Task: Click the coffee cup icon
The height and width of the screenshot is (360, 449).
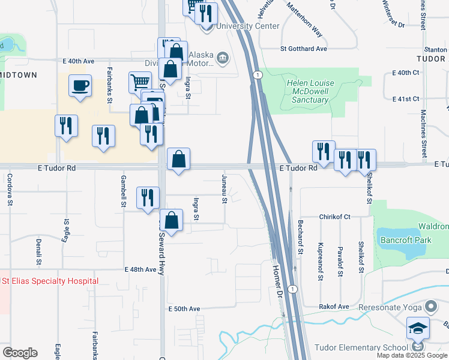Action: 80,85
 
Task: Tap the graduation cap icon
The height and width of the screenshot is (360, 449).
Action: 418,328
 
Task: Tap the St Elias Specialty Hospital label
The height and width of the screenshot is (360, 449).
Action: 50,281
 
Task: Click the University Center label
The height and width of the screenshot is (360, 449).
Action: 248,26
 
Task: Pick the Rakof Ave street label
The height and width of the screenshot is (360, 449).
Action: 334,307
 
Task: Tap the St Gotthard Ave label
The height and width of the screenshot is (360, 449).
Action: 303,48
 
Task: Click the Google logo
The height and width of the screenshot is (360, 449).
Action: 20,353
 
